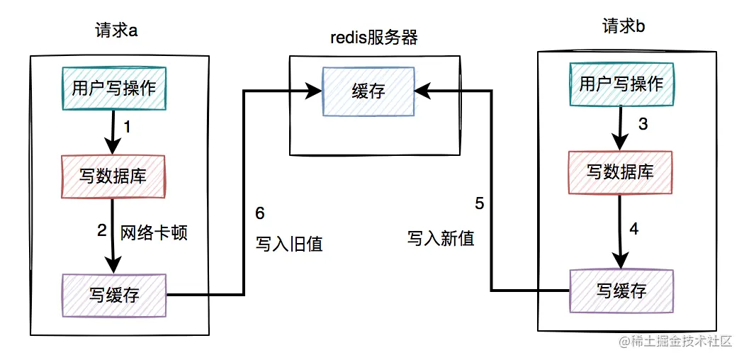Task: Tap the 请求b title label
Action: tap(624, 26)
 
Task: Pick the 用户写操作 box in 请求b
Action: tap(621, 84)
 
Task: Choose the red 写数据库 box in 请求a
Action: tap(113, 176)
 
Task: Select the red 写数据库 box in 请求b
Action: tap(620, 172)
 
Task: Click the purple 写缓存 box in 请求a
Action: tap(114, 295)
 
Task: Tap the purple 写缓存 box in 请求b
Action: tap(621, 291)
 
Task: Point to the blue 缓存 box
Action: tap(368, 91)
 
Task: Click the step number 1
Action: tap(128, 128)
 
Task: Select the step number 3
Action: tap(643, 124)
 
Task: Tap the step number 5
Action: tap(480, 204)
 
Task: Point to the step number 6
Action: tap(259, 213)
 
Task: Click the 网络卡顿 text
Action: tap(154, 232)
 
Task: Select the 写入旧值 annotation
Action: tap(288, 244)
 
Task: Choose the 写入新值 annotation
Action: tap(440, 238)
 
